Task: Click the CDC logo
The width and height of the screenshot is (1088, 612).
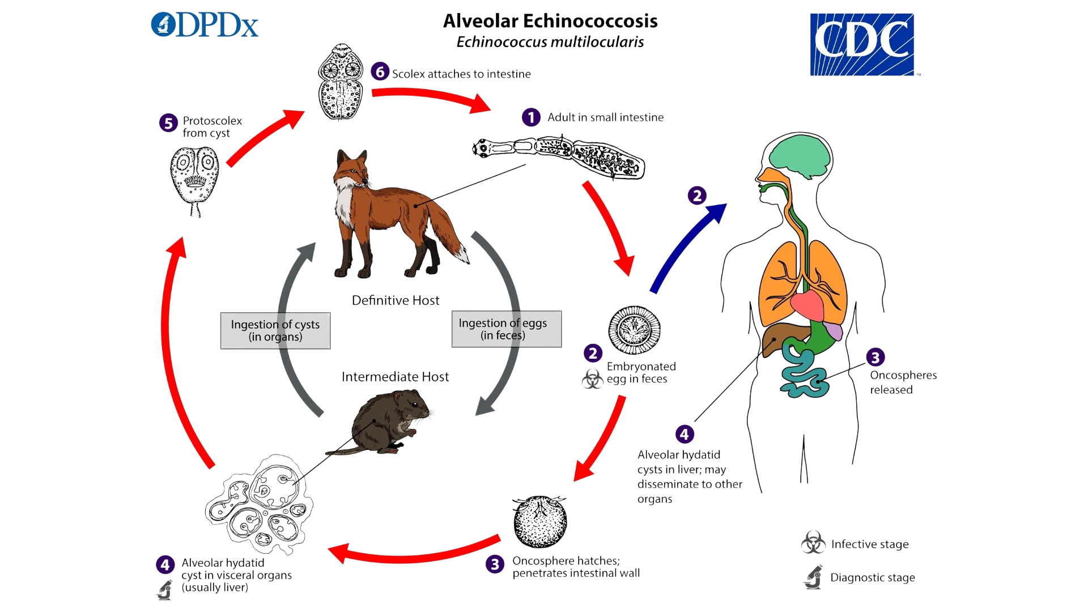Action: [861, 42]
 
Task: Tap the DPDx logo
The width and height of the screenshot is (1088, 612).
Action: [206, 25]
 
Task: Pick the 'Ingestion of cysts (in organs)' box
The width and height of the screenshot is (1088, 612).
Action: [275, 330]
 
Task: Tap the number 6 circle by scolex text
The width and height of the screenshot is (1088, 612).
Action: [380, 72]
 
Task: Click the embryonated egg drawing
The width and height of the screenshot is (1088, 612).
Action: [634, 330]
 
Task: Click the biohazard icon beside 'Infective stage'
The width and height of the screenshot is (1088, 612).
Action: [813, 543]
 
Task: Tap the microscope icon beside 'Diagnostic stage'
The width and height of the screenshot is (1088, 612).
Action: [814, 577]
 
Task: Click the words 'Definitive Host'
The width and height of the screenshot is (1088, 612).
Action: [396, 300]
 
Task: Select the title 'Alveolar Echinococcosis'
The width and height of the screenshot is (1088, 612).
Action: [550, 21]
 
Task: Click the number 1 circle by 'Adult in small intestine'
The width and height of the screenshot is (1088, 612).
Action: [530, 117]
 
